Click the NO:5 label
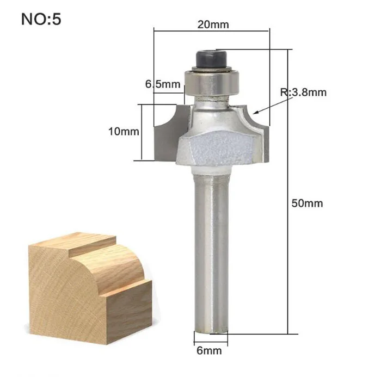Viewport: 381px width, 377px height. (41, 19)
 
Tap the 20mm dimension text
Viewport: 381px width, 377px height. (213, 24)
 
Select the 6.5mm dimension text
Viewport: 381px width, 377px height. (163, 84)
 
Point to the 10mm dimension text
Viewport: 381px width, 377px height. (124, 132)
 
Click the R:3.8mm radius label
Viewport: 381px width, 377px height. (303, 92)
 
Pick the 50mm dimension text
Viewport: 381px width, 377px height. (307, 203)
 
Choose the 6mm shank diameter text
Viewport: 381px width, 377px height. (209, 350)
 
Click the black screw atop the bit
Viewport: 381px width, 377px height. (211, 59)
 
